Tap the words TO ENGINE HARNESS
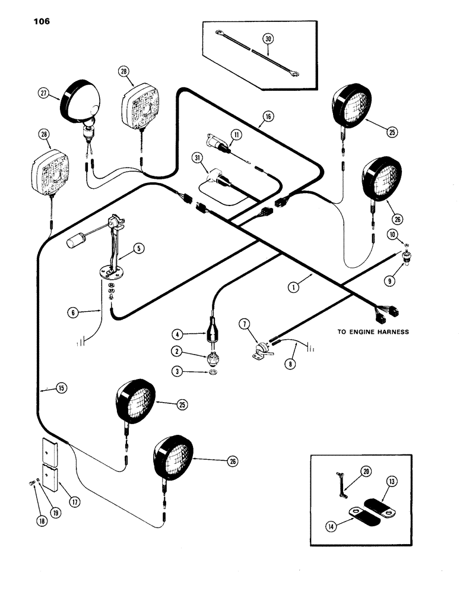pyautogui.click(x=373, y=332)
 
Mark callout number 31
pyautogui.click(x=196, y=157)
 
